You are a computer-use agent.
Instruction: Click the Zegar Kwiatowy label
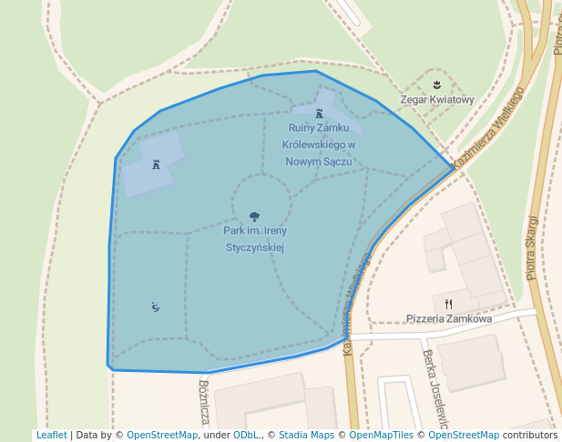(x=437, y=100)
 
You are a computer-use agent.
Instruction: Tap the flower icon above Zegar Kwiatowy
(x=437, y=85)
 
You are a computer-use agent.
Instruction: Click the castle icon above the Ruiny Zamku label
(x=319, y=114)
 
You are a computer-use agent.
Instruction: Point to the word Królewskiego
(x=320, y=145)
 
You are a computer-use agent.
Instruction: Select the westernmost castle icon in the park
(x=157, y=165)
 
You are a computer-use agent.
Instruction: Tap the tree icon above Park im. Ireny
(x=254, y=216)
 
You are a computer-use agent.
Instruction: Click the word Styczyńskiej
(x=255, y=246)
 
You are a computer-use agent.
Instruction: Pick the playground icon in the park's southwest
(x=156, y=306)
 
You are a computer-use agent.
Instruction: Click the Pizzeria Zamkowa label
(x=449, y=319)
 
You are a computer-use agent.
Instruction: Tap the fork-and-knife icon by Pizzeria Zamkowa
(x=448, y=304)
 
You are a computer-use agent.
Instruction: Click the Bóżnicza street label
(x=204, y=401)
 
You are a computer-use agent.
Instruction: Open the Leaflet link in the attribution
(x=51, y=436)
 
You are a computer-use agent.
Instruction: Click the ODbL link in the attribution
(x=246, y=436)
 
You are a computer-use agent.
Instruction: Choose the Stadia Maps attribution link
(x=306, y=436)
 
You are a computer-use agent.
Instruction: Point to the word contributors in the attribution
(x=530, y=436)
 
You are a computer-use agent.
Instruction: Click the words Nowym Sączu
(x=319, y=161)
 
